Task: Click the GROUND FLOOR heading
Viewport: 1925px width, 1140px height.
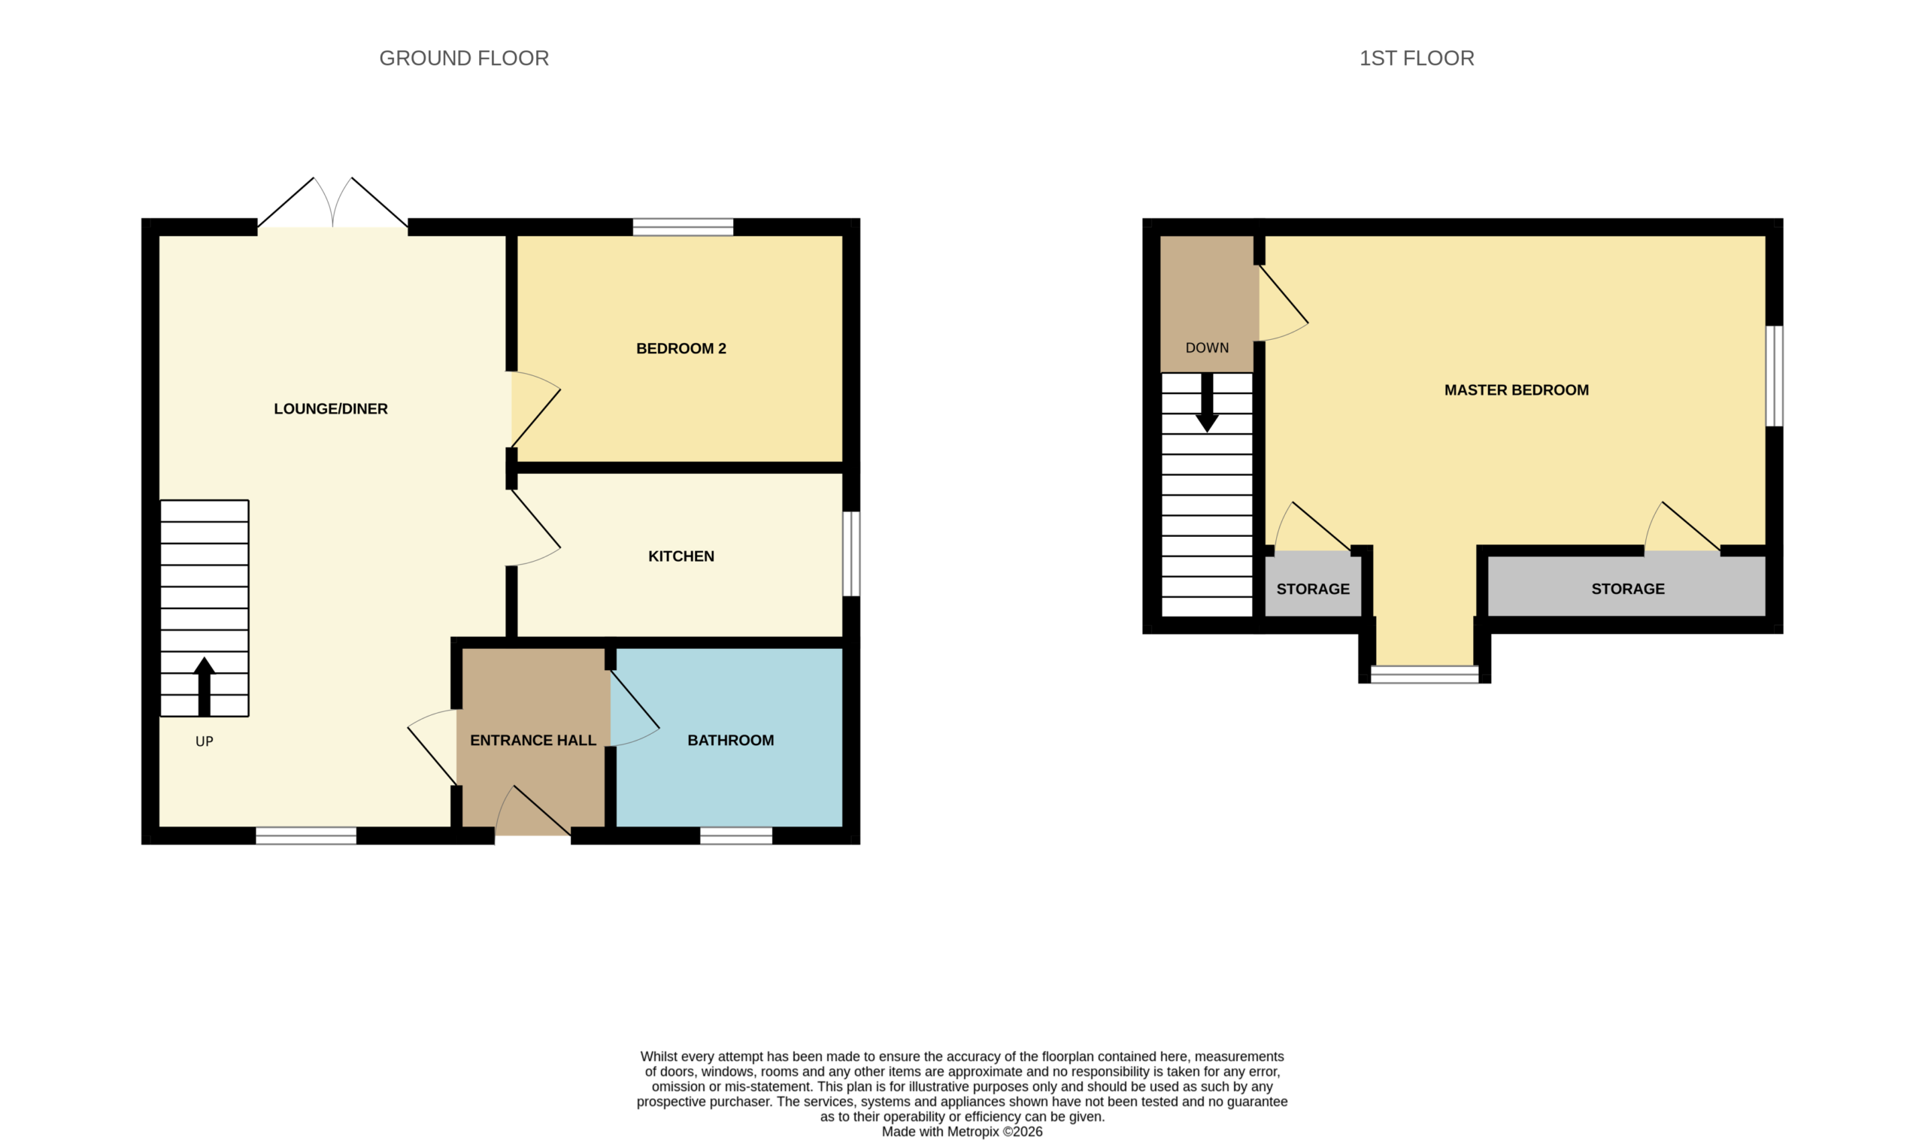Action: (464, 59)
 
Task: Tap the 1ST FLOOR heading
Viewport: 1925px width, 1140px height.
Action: (1417, 59)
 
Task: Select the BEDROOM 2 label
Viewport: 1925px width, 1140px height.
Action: (681, 349)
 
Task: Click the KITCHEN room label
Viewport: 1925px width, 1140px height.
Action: (681, 556)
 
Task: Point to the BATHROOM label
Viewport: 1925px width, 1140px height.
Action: (730, 741)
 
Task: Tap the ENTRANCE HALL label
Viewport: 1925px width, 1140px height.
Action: (533, 741)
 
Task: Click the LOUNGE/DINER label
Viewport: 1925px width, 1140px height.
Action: (331, 409)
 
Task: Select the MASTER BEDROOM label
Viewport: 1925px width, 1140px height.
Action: (1517, 390)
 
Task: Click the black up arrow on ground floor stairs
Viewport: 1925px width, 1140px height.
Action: (205, 687)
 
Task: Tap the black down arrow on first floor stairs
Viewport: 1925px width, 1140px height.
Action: (1207, 402)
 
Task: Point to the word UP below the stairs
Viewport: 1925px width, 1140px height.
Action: (205, 741)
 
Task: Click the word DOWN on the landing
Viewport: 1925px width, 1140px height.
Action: (1207, 348)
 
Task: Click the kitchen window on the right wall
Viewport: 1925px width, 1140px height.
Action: (851, 554)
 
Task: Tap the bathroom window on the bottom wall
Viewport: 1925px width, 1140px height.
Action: (736, 835)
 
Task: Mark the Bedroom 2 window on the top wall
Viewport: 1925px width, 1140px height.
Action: (683, 227)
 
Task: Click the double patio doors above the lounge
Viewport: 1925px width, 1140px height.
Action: (332, 203)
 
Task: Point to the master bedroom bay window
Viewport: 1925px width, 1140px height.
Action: (1424, 675)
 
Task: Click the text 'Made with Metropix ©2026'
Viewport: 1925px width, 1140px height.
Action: (962, 1132)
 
